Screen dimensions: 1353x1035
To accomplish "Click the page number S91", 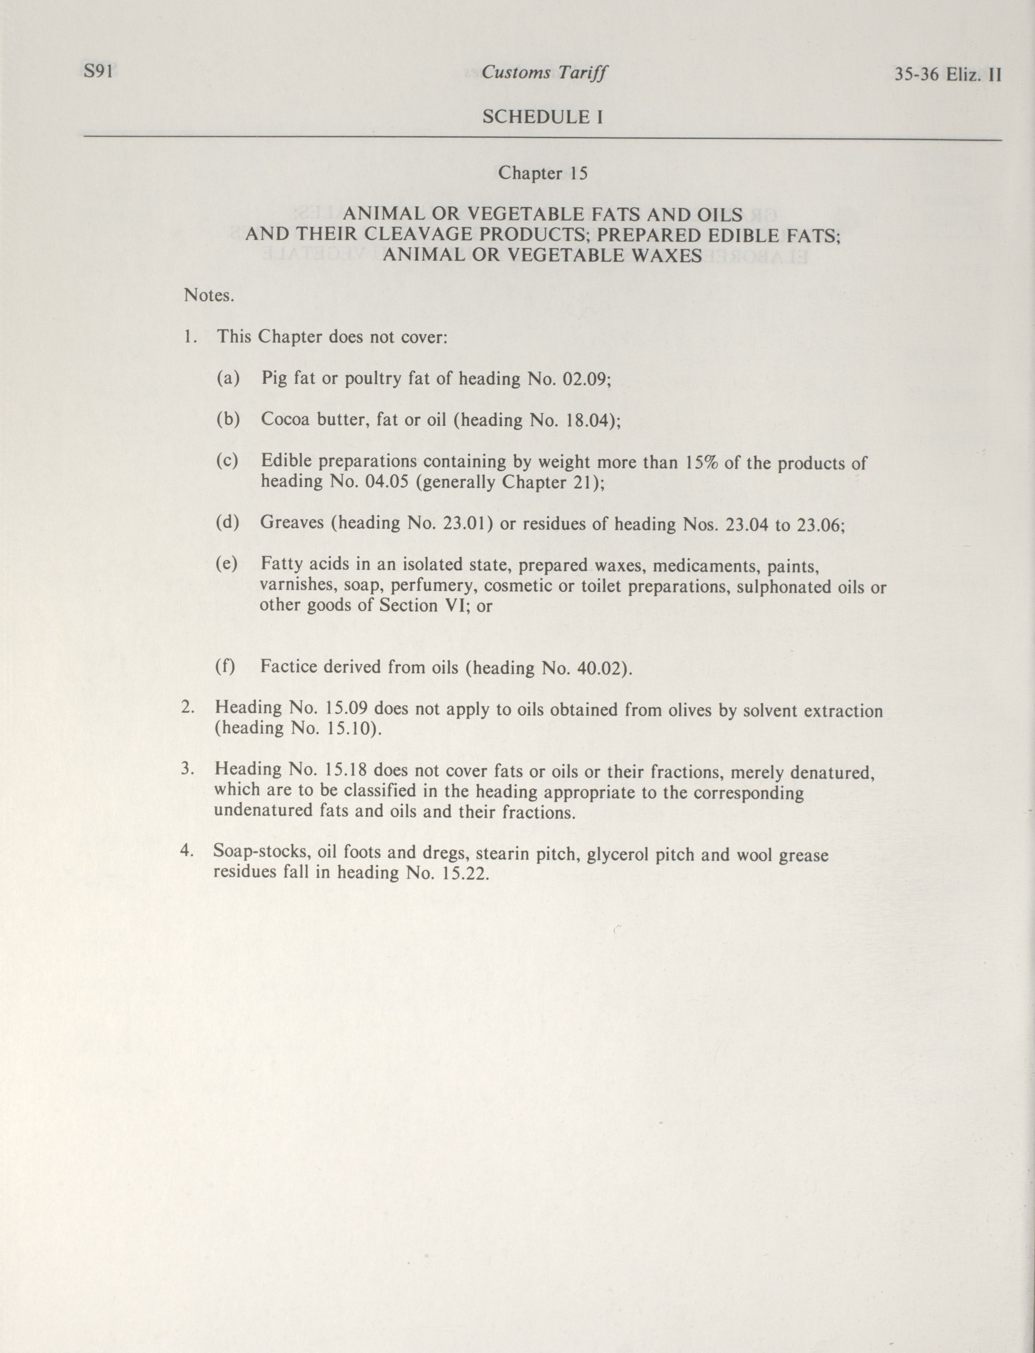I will pos(97,72).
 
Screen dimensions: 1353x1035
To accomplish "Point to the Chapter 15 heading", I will pos(543,173).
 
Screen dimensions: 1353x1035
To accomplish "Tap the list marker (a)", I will pos(228,378).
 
